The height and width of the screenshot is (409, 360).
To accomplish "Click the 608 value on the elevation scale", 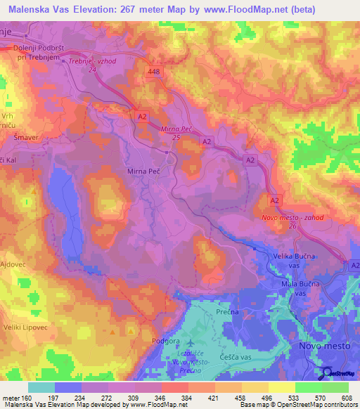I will point(345,398).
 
